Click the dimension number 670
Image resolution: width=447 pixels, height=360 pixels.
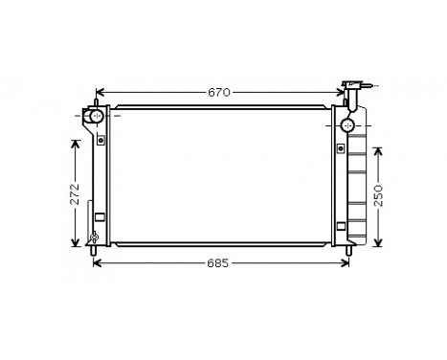[220, 93]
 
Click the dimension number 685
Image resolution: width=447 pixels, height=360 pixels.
[220, 263]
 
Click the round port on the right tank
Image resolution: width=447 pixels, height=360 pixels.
[346, 124]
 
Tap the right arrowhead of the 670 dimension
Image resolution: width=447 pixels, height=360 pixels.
[343, 93]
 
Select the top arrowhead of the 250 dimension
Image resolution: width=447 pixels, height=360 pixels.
[378, 149]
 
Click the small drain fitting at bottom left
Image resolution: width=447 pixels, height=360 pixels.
[94, 236]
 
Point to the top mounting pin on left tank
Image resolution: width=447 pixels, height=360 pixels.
[98, 101]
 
